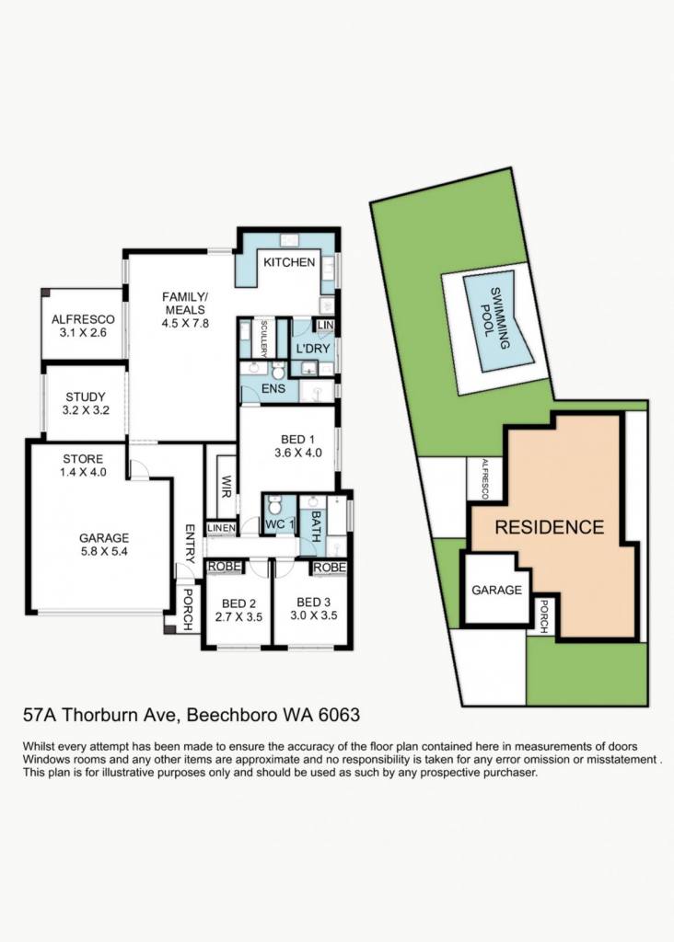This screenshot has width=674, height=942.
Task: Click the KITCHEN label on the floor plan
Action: [x=289, y=262]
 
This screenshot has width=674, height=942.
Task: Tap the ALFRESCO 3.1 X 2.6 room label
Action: [x=83, y=326]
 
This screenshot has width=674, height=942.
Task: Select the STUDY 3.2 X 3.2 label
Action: [x=86, y=404]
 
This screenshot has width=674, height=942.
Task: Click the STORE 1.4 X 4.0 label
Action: [x=83, y=465]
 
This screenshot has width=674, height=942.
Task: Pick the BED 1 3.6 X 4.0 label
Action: [x=298, y=446]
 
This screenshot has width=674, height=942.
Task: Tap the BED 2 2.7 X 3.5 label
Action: [x=238, y=610]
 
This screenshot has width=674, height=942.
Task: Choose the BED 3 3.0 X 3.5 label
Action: [x=313, y=609]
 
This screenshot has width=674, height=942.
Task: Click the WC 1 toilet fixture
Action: [x=274, y=505]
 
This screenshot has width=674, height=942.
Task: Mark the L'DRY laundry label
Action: [x=313, y=349]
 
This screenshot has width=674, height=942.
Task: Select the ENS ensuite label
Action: [x=273, y=388]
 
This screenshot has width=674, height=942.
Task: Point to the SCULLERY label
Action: [x=263, y=339]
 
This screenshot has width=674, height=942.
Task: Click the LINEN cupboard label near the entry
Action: [x=221, y=528]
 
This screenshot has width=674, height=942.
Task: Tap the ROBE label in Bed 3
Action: [x=330, y=567]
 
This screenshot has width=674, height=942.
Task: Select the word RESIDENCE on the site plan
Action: [x=549, y=527]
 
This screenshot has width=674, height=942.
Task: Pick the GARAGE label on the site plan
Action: [x=496, y=590]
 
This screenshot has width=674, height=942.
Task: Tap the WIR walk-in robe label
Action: [x=227, y=487]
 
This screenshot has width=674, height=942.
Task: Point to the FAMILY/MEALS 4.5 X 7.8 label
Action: [x=184, y=310]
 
